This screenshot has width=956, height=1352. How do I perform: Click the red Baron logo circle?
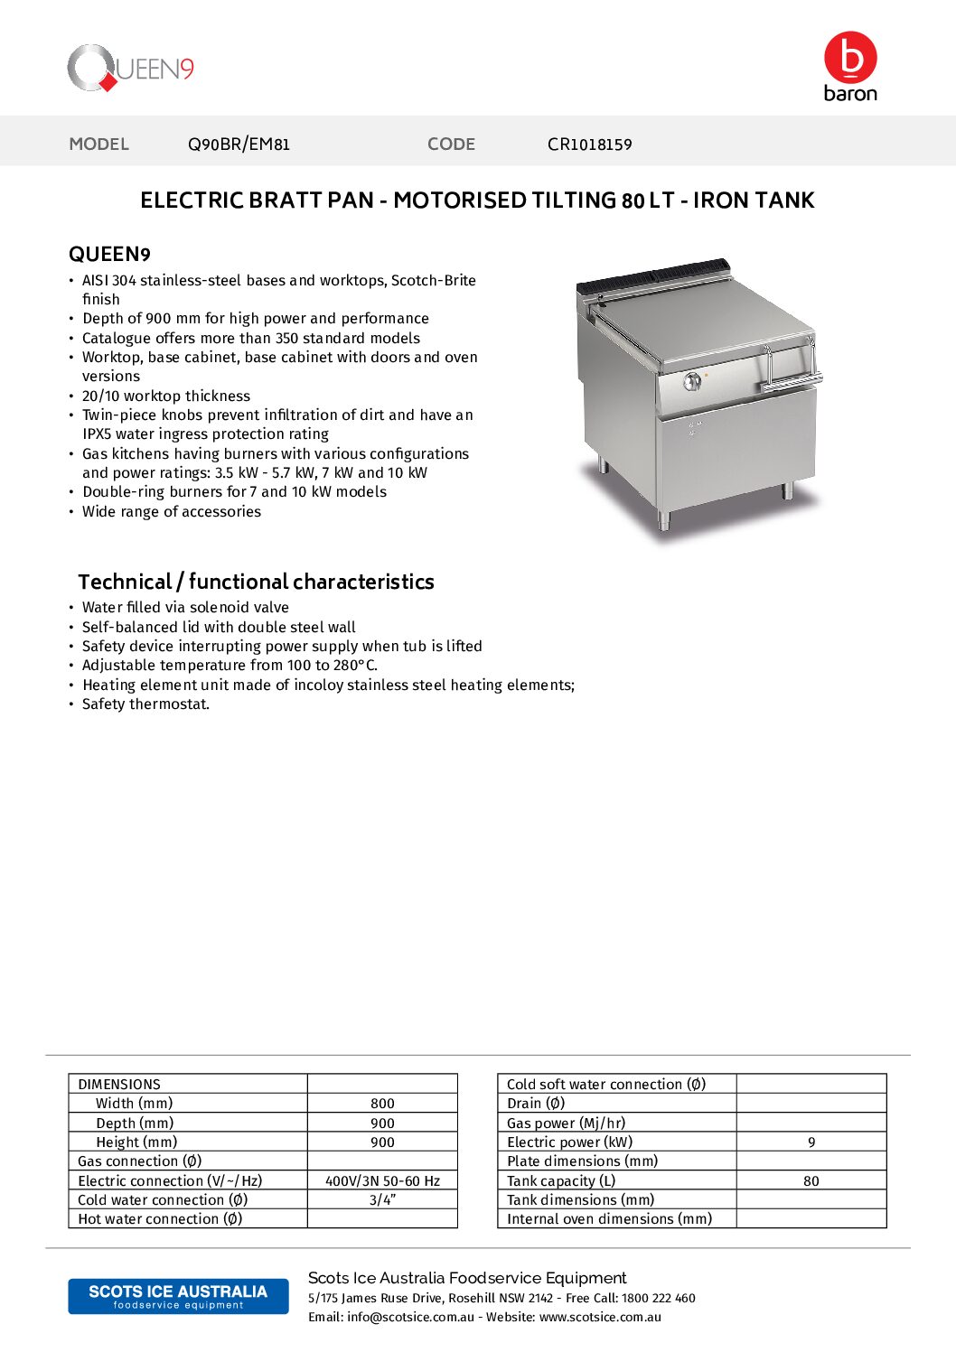point(850,57)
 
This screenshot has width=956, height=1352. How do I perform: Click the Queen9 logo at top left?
point(131,69)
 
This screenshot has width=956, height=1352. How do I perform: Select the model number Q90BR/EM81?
point(239,145)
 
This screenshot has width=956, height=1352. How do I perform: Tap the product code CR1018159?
point(589,145)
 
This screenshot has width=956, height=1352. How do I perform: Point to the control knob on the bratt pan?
point(692,381)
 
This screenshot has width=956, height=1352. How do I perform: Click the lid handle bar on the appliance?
point(791,383)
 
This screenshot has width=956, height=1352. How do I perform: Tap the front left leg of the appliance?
point(665,519)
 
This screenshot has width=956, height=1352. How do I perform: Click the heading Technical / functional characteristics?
point(256,582)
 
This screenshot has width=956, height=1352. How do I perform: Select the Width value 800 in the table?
point(382,1104)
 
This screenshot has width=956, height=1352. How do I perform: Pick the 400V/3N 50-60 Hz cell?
point(382,1180)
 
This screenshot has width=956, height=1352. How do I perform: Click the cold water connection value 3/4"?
point(382,1199)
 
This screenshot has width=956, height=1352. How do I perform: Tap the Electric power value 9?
point(811,1142)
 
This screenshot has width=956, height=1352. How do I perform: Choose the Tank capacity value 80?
point(811,1180)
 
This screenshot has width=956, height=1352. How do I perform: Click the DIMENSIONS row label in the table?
point(119,1084)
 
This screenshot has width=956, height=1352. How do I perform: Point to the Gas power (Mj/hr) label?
point(566,1123)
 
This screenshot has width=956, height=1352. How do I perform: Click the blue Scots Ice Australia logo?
point(178,1296)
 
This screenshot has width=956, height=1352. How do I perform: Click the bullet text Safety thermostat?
point(145,704)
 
